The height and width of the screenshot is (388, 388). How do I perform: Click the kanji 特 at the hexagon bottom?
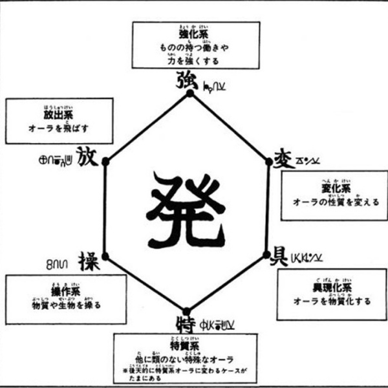[x=188, y=319]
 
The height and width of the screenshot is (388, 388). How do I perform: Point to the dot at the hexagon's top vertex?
[x=189, y=93]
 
